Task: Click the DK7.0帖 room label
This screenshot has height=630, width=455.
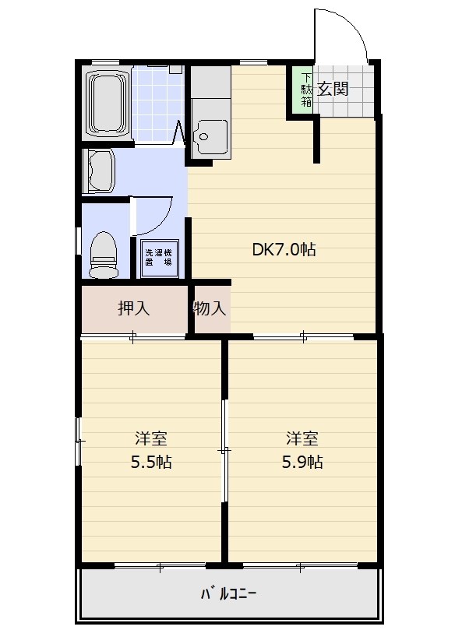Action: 284,249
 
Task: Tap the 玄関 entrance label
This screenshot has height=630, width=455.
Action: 333,89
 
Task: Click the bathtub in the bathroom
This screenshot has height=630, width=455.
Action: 107,102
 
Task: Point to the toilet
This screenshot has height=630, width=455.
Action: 104,255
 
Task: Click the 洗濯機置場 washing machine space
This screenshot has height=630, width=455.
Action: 158,259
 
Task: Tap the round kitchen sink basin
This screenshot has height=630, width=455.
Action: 204,136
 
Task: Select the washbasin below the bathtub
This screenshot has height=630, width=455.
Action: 99,171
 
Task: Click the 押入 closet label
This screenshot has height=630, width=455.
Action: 134,308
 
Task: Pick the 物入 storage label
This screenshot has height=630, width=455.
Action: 209,308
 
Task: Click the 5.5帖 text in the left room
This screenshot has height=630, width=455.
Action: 151,462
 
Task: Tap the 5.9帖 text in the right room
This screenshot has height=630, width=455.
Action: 302,462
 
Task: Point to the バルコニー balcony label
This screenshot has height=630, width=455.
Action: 228,593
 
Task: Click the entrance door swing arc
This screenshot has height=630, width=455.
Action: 351,24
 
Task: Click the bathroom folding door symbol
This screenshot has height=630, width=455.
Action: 178,132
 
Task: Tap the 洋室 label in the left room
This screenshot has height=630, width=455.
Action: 151,438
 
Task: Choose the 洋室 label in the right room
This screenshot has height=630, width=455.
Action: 302,438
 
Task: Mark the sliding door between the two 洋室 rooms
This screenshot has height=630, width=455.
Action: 224,450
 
